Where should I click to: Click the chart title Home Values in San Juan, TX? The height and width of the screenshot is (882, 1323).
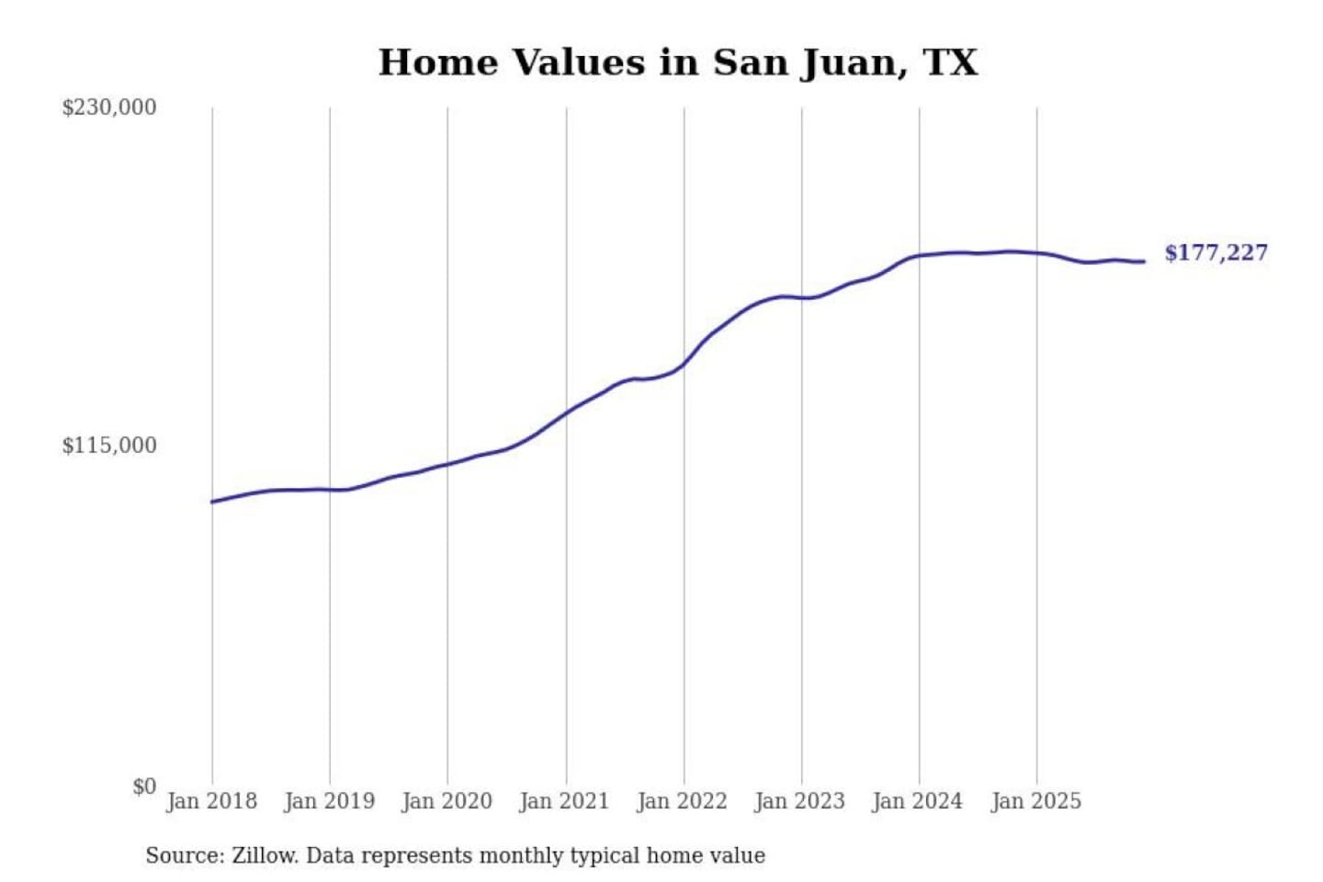point(678,62)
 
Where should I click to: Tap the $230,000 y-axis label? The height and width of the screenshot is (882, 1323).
point(108,107)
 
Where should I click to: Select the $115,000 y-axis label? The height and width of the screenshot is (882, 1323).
point(108,446)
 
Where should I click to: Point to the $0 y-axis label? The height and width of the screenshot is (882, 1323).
point(143,786)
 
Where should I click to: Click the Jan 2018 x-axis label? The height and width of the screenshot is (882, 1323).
point(211,801)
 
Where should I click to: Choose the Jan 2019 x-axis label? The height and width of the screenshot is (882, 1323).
point(329,801)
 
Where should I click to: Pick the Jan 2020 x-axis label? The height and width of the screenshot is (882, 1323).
point(447,801)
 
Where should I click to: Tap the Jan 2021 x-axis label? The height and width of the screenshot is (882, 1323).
point(564,801)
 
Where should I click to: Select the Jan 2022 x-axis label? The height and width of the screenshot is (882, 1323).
point(682,801)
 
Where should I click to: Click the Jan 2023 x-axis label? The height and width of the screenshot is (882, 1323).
point(799,801)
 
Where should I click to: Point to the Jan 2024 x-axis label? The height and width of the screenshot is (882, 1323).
point(917,801)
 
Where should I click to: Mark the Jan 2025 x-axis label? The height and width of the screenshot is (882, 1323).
point(1035,801)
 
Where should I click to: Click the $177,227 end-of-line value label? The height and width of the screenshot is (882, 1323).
point(1216,253)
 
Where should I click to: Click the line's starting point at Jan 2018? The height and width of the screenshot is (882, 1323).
point(212,502)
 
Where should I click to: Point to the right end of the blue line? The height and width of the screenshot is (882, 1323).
point(1144,262)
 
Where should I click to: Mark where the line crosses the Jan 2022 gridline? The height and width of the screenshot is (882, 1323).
point(684,364)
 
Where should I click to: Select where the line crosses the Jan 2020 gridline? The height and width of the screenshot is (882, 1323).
point(448,463)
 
